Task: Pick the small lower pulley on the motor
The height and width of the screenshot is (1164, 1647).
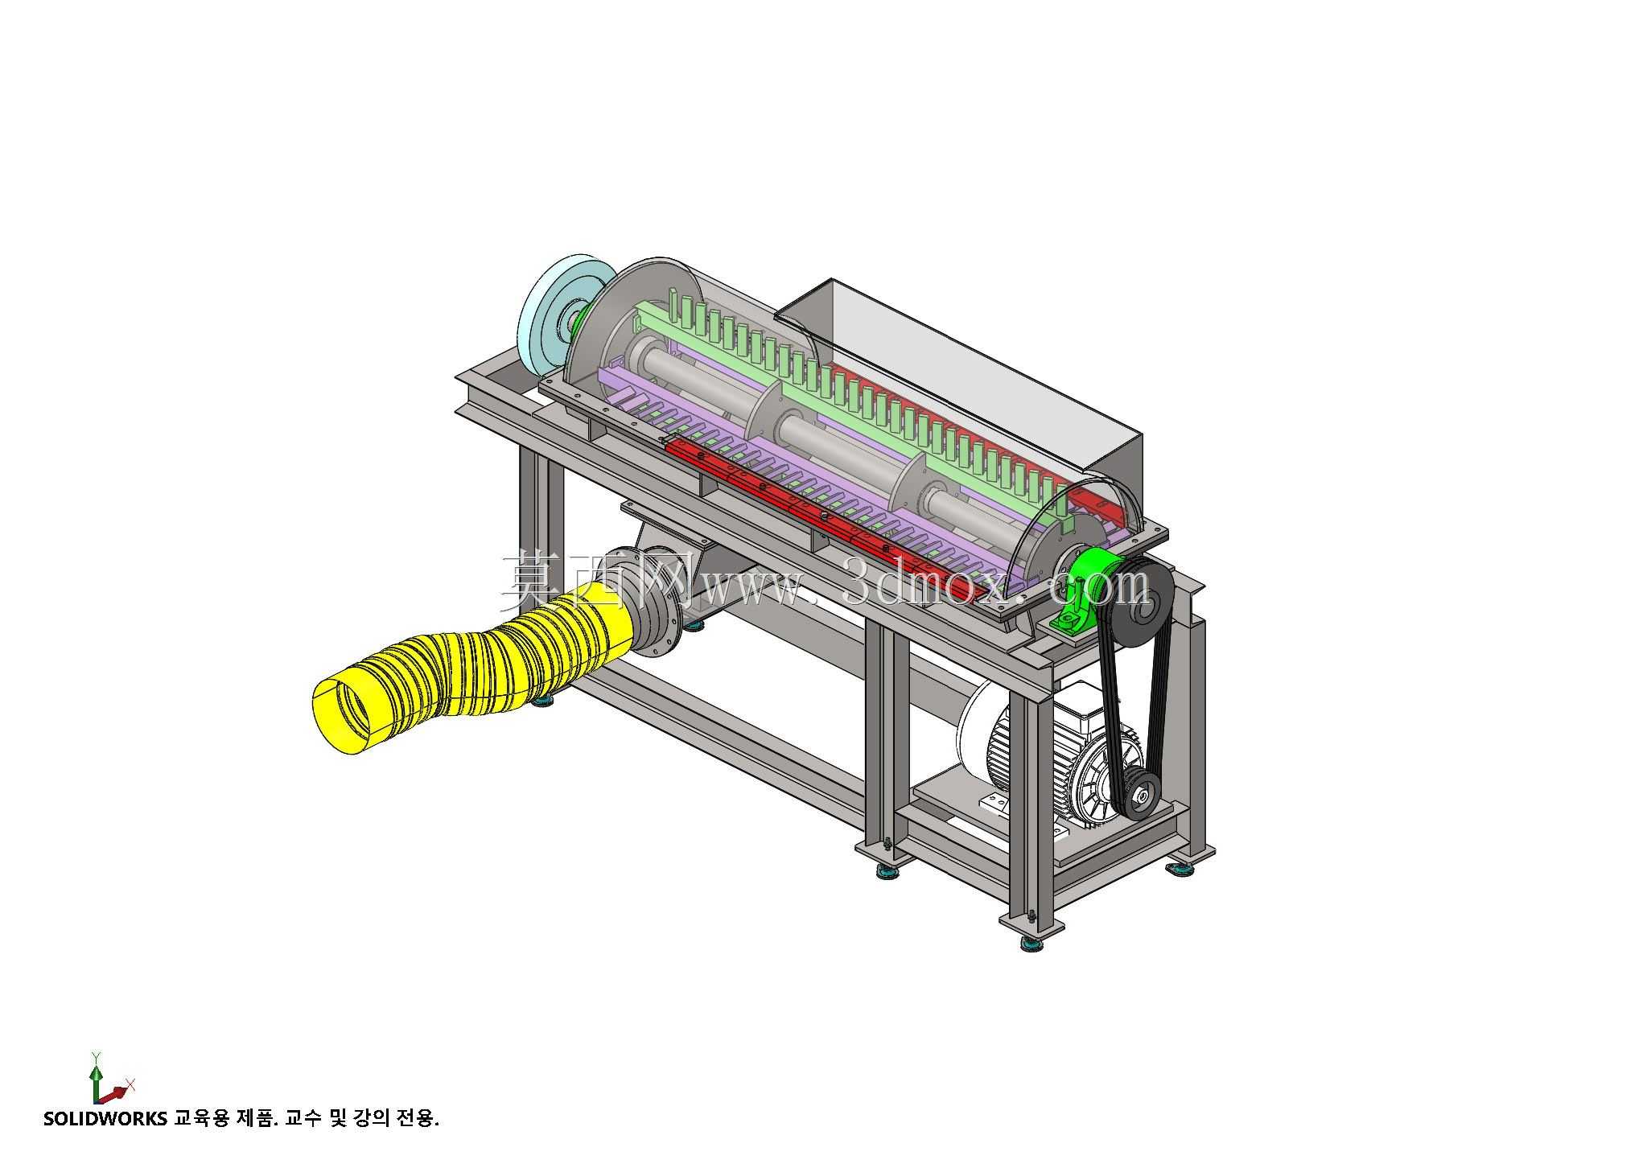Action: tap(1139, 796)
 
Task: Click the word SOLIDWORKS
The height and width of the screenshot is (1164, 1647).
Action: tap(105, 1118)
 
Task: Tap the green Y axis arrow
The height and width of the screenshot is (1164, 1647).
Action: tap(96, 1076)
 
